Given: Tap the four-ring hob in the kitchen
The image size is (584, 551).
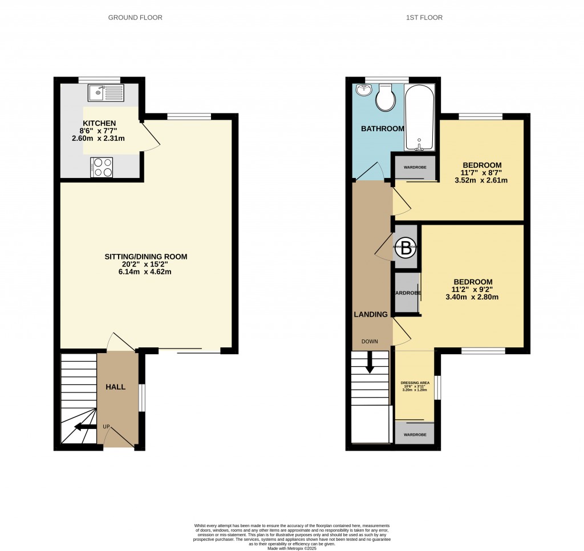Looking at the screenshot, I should [101, 167].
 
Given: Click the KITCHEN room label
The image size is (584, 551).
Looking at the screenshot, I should [100, 123].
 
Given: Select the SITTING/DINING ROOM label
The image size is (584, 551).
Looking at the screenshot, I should [145, 257].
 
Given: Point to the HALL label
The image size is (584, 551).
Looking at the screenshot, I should [115, 387].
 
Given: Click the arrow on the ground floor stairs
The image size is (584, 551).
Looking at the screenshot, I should [86, 426].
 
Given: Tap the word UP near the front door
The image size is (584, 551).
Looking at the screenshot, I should [106, 426].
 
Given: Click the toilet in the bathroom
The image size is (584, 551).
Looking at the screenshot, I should [386, 99].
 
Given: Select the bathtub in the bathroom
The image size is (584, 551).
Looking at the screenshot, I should [419, 117].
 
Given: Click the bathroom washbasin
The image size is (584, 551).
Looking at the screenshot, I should [363, 90].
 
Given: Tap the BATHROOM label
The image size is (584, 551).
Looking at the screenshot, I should [382, 129].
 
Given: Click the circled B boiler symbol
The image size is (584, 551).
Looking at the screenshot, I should [406, 248].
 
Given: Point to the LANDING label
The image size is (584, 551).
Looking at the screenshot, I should [371, 314].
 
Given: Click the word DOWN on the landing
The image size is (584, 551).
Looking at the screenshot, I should [369, 342].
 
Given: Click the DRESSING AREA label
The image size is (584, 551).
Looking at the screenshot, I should [415, 382].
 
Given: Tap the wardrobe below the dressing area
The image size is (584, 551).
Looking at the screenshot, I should [415, 434].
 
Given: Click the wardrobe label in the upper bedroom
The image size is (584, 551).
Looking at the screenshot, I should [415, 168].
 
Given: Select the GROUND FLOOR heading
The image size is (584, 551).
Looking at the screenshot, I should [136, 18].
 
